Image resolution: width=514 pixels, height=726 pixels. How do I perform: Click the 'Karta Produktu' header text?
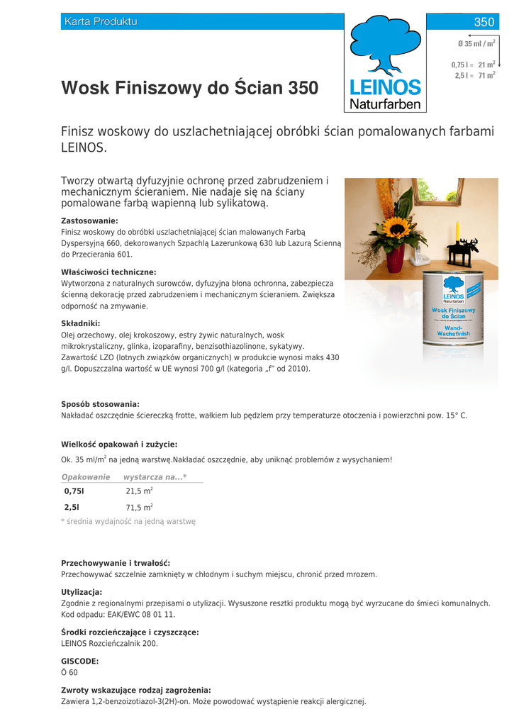tap(100, 22)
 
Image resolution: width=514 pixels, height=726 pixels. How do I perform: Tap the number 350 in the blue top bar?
tap(484, 22)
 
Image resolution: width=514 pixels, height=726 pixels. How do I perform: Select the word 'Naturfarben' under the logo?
tap(385, 105)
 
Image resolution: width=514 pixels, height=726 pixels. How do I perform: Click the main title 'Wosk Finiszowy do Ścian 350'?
tap(189, 89)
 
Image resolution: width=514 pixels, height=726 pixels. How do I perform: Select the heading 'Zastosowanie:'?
tap(89, 221)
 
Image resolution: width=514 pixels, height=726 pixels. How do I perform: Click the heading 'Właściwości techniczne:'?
tap(108, 272)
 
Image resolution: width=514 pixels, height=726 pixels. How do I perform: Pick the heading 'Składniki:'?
tap(80, 323)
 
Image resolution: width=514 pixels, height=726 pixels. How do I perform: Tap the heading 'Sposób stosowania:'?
tap(100, 404)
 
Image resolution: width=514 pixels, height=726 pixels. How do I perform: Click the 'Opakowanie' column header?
tap(86, 477)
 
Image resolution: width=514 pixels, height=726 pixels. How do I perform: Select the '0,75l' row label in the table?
tap(74, 491)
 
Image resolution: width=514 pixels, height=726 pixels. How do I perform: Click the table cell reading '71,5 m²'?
tap(139, 508)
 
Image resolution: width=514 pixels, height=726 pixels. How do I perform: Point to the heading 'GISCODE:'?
tap(79, 661)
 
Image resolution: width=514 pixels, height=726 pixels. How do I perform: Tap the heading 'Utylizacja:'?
tap(82, 592)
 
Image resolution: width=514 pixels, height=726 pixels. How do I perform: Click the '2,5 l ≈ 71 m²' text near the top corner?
tap(474, 75)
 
